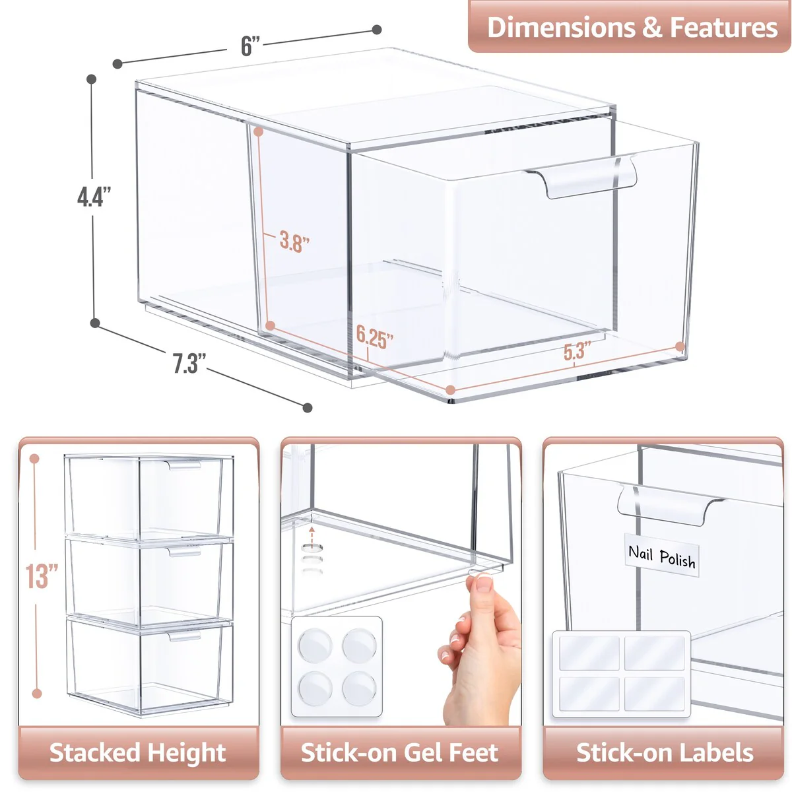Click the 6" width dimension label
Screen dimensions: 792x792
click(250, 46)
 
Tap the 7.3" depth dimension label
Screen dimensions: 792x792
click(189, 364)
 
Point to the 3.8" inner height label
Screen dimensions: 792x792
click(294, 242)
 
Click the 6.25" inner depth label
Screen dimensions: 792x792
click(374, 337)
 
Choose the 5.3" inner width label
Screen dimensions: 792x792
click(577, 351)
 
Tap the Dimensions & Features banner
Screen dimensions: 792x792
click(632, 28)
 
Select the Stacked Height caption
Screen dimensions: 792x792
click(138, 752)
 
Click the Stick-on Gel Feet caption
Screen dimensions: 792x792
click(400, 752)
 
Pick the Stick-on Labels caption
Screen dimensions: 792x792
click(664, 752)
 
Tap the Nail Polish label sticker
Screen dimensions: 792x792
click(661, 557)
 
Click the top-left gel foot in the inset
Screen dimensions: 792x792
click(315, 644)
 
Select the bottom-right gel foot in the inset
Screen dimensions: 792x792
click(359, 689)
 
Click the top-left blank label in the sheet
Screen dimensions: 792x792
click(589, 653)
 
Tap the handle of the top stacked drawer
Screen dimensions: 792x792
click(183, 465)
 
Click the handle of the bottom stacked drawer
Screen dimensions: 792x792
click(183, 636)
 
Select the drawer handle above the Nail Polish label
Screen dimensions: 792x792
click(667, 506)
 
